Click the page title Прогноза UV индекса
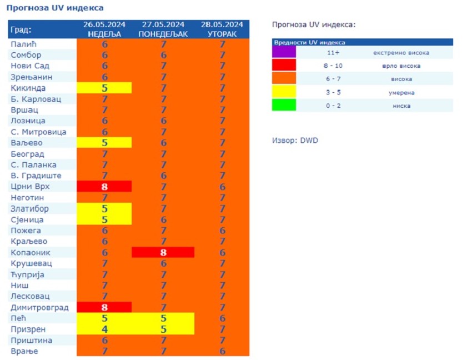coord(54,8)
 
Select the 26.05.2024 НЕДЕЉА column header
coord(104,29)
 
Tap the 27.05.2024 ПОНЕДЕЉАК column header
coord(163,29)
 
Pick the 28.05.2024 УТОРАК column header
coord(222,29)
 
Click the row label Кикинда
coord(28,88)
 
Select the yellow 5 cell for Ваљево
coord(104,143)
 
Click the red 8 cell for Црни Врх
coord(104,187)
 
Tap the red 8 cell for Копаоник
coord(163,252)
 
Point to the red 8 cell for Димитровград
coord(104,307)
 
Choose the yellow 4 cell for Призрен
coord(104,329)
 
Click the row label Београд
coord(27,154)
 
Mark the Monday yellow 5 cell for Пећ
coord(163,318)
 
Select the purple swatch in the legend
coord(284,52)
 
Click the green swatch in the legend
coord(284,105)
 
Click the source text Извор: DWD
coord(295,141)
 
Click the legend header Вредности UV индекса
coord(309,42)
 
